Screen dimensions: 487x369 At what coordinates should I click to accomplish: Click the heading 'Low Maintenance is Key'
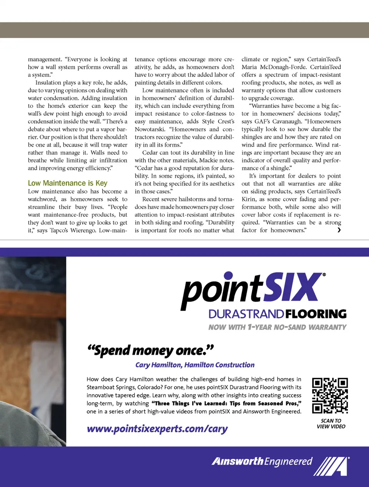68,183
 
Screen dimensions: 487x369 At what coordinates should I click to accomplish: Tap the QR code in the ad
330,395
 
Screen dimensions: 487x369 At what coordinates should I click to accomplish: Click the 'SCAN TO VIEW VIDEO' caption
331,423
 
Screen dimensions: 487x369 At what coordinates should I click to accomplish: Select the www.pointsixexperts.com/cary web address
157,429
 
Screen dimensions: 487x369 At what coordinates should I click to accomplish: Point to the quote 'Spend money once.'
150,350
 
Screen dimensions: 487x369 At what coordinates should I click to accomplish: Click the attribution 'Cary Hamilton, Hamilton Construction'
195,365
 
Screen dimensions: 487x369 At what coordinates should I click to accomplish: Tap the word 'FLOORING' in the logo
316,314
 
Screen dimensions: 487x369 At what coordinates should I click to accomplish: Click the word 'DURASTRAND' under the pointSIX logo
246,314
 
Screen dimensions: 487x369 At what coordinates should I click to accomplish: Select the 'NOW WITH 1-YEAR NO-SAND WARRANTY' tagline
277,327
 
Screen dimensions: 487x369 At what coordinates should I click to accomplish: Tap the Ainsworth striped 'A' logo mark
332,466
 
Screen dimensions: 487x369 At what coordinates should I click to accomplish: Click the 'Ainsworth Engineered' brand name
262,461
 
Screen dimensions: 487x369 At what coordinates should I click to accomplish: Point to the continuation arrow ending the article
339,230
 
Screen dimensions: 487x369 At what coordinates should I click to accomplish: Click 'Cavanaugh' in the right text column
288,121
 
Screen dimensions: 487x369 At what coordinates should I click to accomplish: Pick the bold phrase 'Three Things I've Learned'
189,403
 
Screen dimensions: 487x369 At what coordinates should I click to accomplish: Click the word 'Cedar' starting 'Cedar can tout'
150,152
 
